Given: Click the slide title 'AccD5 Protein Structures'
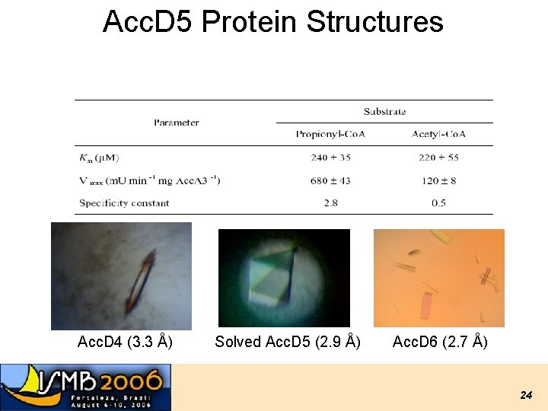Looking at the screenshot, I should [272, 21].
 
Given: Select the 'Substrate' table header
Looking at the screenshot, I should [384, 111].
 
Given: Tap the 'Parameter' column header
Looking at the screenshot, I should [177, 123].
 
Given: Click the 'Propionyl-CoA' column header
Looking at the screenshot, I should [330, 134].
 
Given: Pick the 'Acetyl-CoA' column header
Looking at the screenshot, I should [438, 134].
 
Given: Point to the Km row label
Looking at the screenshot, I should [99, 158].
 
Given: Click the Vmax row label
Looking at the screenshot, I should [149, 180].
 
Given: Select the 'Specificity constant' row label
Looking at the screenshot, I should [124, 203].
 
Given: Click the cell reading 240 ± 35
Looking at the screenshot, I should [330, 158].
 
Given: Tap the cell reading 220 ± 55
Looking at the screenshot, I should [438, 158].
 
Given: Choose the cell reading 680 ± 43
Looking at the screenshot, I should [330, 180].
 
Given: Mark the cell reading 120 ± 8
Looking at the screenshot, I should [438, 180].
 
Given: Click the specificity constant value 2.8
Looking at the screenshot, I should [330, 203].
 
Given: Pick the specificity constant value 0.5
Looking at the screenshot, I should [438, 203].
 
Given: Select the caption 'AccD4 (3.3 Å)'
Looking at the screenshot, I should [125, 342].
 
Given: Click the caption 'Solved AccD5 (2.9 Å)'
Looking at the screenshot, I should [288, 342].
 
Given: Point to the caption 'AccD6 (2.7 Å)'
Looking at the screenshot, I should [440, 342].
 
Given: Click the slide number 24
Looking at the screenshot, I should [525, 395].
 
